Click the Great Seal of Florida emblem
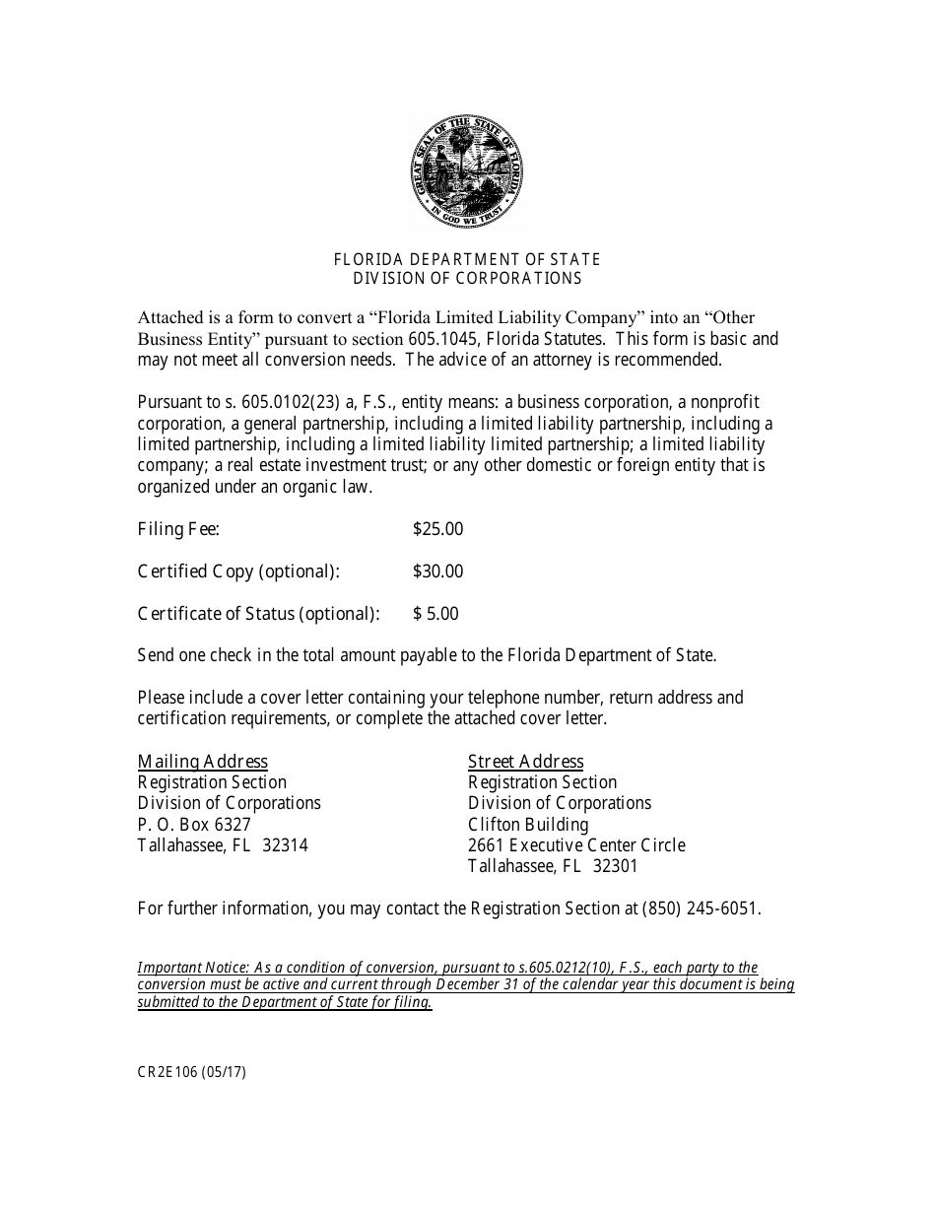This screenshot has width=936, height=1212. [x=468, y=173]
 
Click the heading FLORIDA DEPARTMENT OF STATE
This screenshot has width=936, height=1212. [x=467, y=259]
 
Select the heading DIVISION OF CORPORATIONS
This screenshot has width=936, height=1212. [x=467, y=278]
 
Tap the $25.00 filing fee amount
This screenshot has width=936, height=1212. [x=437, y=529]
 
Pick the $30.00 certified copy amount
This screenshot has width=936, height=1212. [x=437, y=572]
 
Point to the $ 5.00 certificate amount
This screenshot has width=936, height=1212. [x=435, y=614]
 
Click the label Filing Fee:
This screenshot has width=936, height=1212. [x=178, y=529]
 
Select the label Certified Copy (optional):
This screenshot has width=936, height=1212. [x=237, y=572]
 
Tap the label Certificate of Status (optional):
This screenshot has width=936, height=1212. [x=258, y=614]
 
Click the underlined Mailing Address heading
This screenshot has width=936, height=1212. [x=202, y=761]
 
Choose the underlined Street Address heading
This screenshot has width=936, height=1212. [x=525, y=761]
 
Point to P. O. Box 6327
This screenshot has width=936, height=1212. [x=194, y=824]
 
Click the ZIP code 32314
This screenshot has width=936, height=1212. [x=285, y=845]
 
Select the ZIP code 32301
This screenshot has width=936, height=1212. [x=615, y=866]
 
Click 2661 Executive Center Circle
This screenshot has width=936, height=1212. [x=576, y=845]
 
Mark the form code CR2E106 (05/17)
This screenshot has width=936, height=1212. [x=191, y=1072]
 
